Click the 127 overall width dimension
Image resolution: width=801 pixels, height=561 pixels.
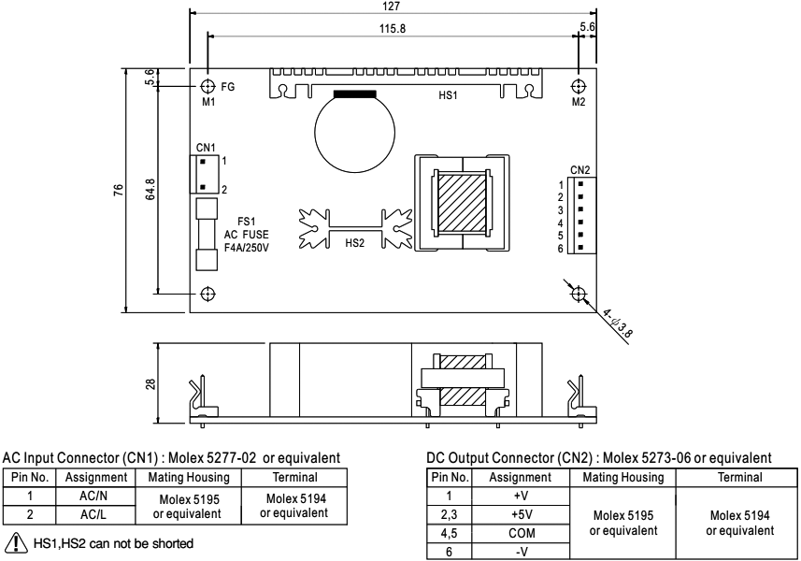[393, 6]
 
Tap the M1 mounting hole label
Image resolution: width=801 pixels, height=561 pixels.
[207, 103]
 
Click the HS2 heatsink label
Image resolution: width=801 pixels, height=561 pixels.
[355, 242]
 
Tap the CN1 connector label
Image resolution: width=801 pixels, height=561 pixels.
[206, 147]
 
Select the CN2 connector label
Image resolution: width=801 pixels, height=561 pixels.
[579, 169]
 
